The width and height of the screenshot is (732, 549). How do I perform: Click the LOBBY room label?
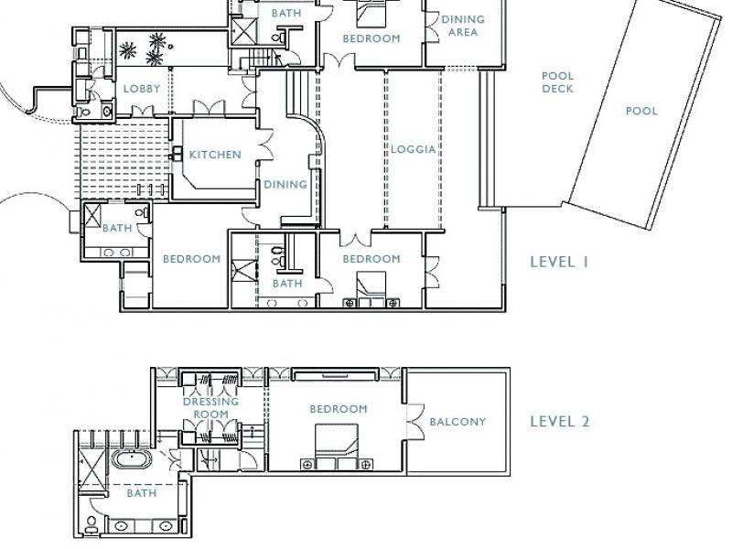[x=142, y=89]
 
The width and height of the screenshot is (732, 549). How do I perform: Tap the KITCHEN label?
[x=215, y=155]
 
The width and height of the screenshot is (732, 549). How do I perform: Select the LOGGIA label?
[x=414, y=149]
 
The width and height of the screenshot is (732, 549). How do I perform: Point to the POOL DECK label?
[x=557, y=82]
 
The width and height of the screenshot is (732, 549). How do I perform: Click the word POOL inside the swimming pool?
[x=641, y=111]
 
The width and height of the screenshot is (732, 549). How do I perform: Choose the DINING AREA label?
[x=463, y=26]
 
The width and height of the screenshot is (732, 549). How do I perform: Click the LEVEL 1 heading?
[x=559, y=262]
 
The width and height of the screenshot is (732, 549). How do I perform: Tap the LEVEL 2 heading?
[x=560, y=422]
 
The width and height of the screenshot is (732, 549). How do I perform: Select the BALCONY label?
[x=457, y=422]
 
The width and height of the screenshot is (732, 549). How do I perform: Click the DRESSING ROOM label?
[x=211, y=408]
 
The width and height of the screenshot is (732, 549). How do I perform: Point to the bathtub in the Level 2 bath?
[x=131, y=460]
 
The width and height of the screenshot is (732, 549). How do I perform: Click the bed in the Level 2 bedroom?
[x=337, y=447]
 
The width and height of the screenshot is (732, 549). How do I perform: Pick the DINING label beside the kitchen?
[x=285, y=185]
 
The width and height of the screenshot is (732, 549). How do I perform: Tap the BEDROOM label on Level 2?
[x=339, y=409]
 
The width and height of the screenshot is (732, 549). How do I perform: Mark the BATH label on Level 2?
[x=142, y=493]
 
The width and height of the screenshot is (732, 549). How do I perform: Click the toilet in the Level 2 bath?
[x=91, y=524]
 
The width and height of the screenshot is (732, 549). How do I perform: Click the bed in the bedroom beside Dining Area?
[x=371, y=13]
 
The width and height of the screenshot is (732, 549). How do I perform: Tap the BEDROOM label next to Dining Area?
[x=371, y=38]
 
